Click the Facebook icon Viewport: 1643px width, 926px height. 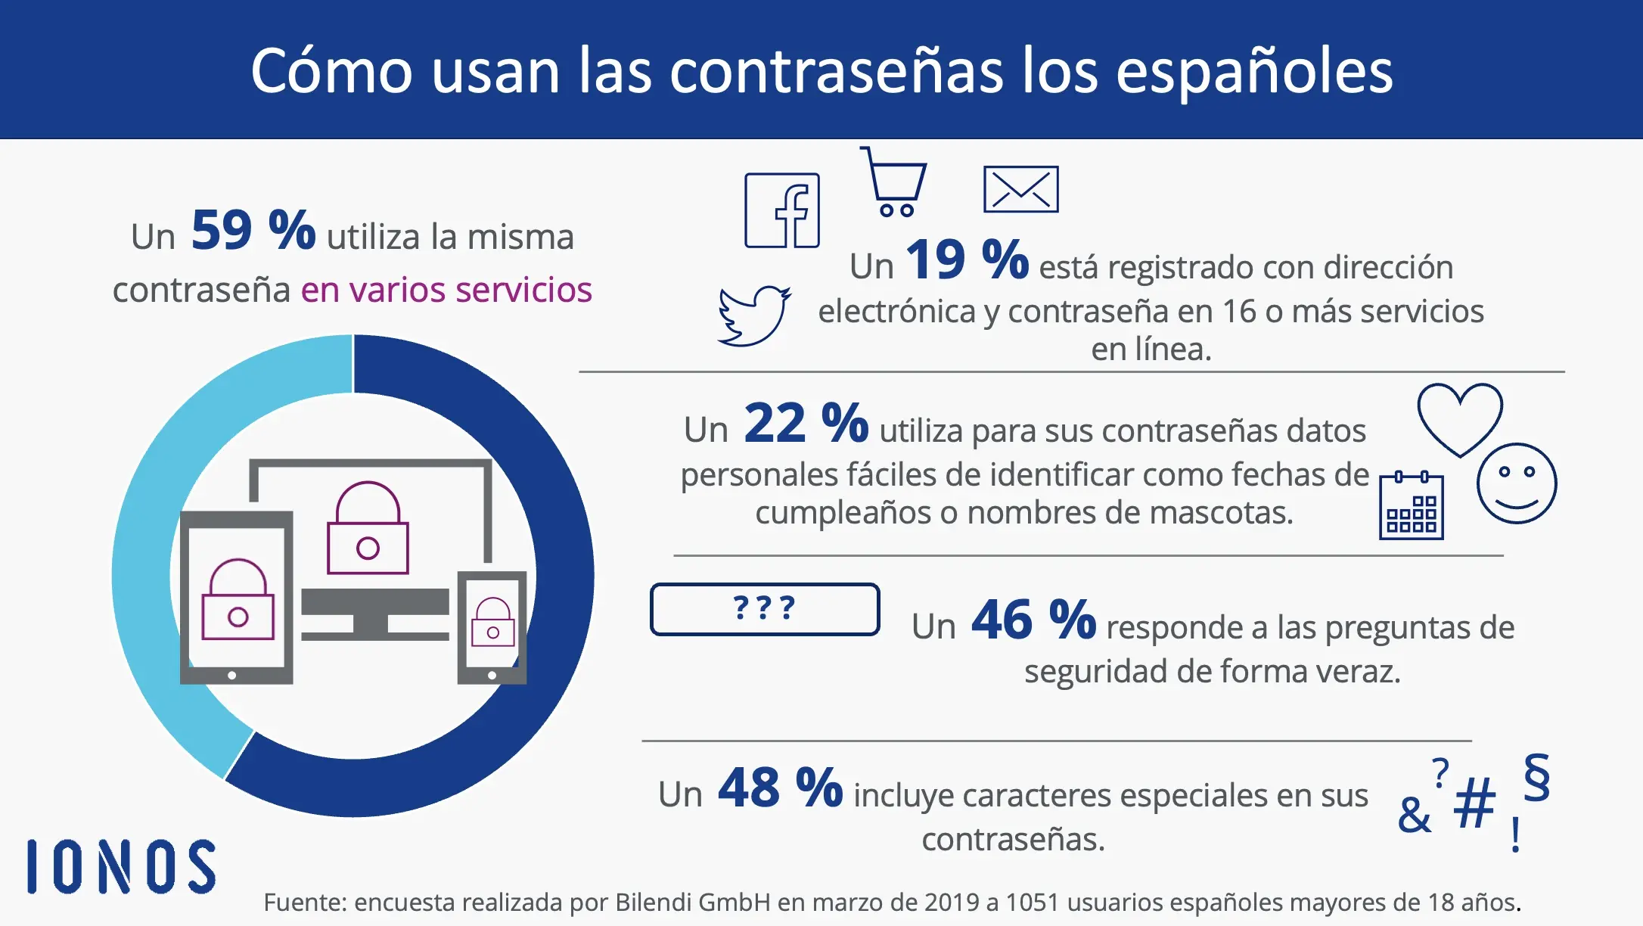782,210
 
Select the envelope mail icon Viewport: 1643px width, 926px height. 1020,189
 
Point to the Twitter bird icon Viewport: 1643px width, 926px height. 753,316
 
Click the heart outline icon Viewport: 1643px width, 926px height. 1459,418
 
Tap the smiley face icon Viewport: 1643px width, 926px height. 1516,483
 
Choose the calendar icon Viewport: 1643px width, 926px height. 1411,506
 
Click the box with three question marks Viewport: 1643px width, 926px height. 764,609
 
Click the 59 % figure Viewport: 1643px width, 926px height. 253,230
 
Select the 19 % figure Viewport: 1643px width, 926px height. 967,260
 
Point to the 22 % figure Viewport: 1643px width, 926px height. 806,424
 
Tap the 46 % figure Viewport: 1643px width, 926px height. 1033,620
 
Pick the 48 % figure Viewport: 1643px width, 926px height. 780,788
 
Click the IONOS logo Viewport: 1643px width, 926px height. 121,866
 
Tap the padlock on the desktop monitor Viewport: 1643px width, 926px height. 368,529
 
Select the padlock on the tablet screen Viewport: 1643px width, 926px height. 238,601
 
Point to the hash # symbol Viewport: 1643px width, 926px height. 1474,803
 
